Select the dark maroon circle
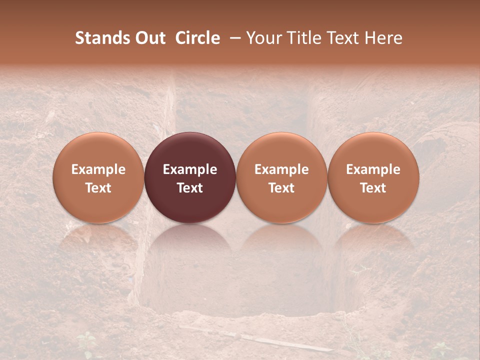coord(190,177)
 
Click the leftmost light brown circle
coord(98,177)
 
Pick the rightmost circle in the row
coord(373,177)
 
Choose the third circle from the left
coord(281,177)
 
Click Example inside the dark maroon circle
coord(190,169)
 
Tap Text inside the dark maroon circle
coord(190,187)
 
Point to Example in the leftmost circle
coord(98,169)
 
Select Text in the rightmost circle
coord(373,187)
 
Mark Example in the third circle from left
coord(281,169)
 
